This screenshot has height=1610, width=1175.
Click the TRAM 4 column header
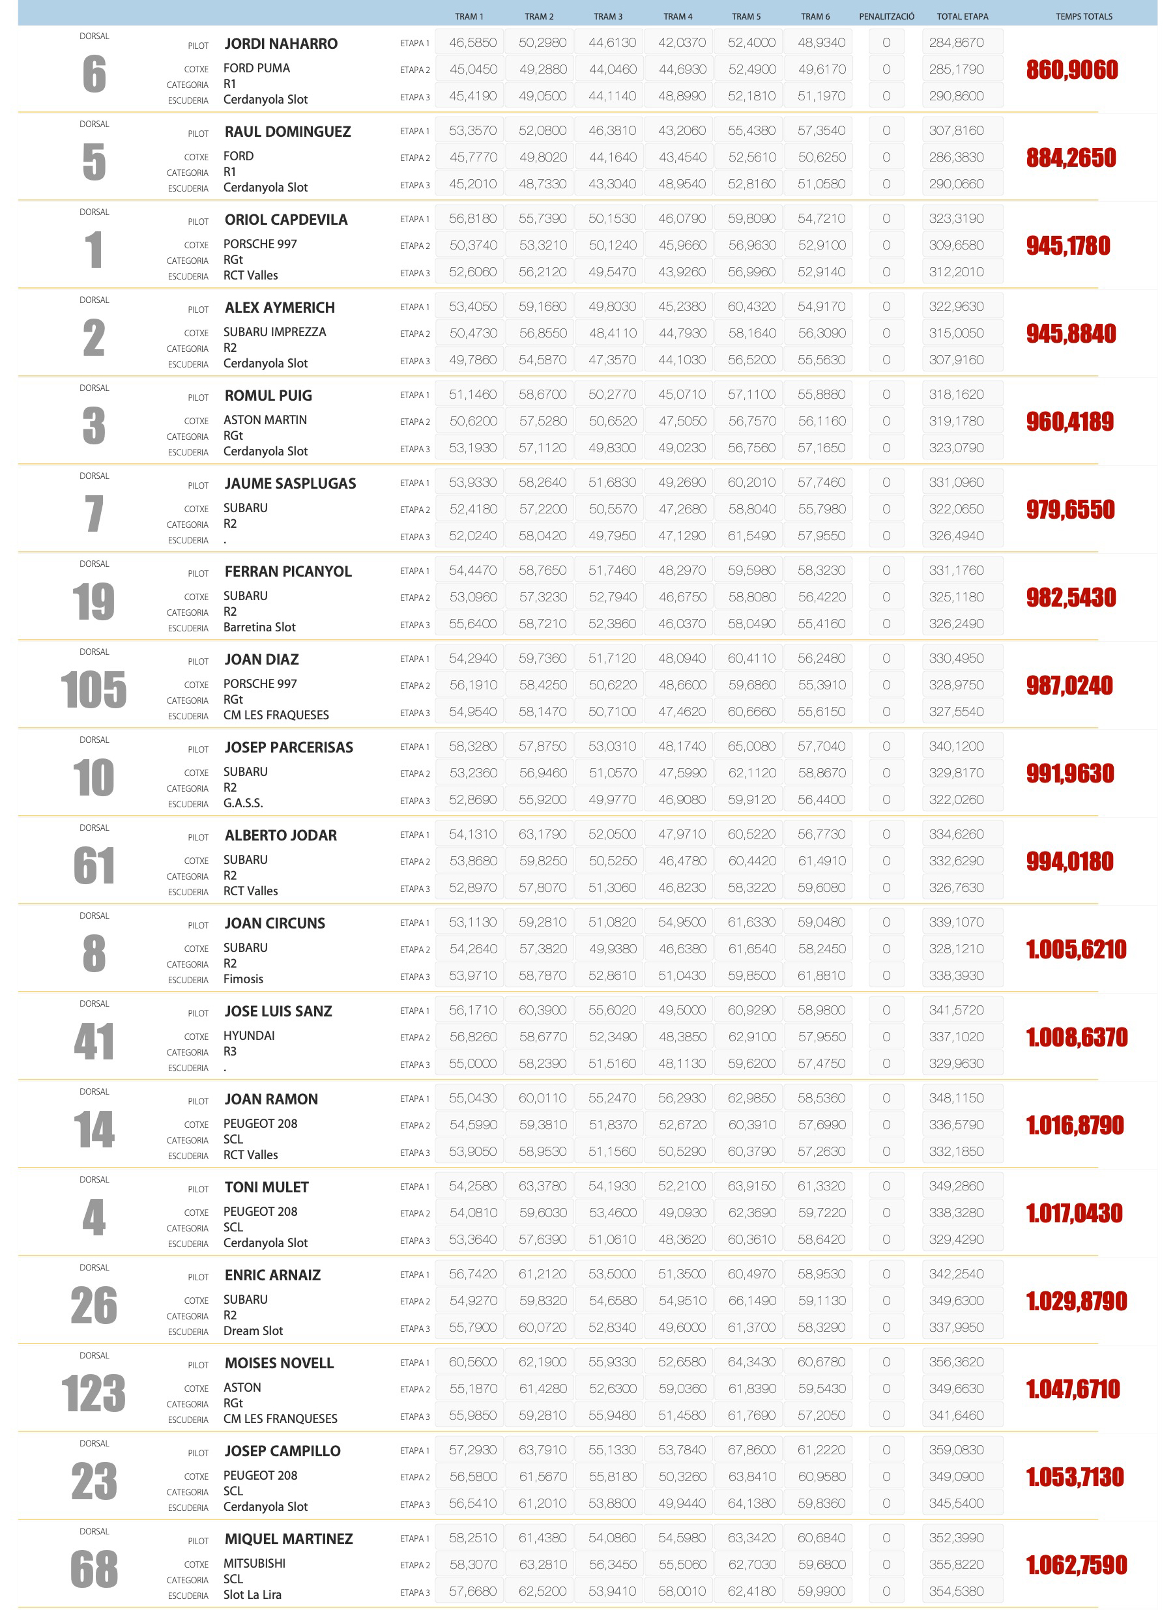pos(677,16)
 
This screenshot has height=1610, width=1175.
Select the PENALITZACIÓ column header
pos(886,16)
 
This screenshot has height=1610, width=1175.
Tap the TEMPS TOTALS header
pos(1083,16)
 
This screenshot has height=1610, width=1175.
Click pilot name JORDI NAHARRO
pos(281,44)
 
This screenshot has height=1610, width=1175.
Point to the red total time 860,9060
pos(1072,70)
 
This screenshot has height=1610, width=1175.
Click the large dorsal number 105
pos(94,690)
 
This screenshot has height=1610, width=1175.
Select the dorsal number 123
pos(94,1393)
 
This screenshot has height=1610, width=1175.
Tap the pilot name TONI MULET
pos(267,1187)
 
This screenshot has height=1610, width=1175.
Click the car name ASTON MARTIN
pos(265,420)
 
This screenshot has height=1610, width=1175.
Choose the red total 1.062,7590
pos(1076,1564)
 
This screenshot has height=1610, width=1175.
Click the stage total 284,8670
pos(956,42)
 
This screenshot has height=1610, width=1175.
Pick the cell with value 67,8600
pos(751,1449)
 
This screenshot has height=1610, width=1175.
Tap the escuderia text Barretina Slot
pos(259,627)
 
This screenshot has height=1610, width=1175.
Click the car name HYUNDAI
pos(249,1035)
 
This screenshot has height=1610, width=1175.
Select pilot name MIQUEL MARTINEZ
pos(289,1539)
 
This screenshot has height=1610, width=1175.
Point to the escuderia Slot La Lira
pos(252,1594)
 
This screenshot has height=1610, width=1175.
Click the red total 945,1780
pos(1067,247)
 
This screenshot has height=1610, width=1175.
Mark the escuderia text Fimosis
pos(243,979)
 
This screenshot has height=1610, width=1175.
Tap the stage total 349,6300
pos(956,1301)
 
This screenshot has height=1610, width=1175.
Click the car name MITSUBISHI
pos(255,1563)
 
